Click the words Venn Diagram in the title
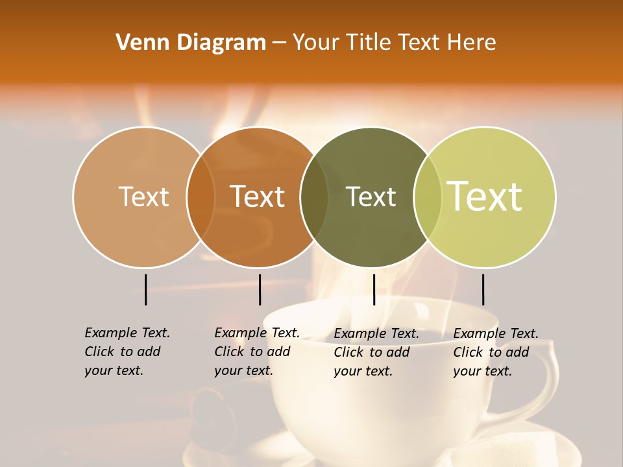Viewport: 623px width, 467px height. [191, 43]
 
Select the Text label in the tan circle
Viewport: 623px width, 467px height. [143, 197]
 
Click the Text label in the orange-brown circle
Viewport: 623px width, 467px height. [258, 197]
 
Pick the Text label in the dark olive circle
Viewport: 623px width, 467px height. [371, 197]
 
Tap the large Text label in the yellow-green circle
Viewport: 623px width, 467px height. [485, 196]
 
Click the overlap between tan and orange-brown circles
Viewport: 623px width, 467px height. [201, 197]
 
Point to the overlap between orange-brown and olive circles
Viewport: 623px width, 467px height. [314, 197]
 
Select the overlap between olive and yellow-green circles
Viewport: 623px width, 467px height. [428, 197]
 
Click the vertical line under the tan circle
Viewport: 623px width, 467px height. [145, 289]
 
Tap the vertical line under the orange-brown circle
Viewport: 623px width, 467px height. [260, 289]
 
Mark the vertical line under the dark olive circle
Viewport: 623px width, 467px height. [374, 289]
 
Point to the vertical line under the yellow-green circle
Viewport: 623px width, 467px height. [483, 289]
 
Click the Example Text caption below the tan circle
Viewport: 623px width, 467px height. [127, 352]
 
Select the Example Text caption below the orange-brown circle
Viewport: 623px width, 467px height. [256, 352]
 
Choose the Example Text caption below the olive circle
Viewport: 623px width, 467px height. [376, 352]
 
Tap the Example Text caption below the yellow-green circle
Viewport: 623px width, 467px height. [495, 352]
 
